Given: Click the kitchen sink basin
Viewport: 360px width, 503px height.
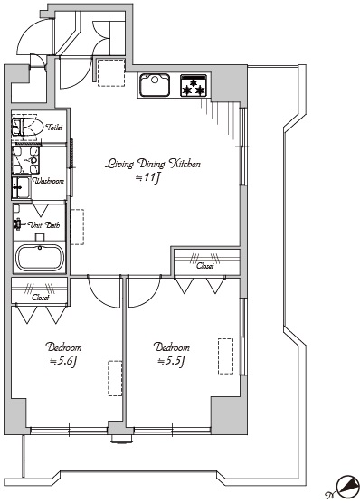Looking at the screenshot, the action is [x=155, y=85].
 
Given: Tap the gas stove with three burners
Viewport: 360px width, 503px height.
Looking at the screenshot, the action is [x=194, y=85].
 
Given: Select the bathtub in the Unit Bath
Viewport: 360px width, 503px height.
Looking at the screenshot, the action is [x=40, y=258].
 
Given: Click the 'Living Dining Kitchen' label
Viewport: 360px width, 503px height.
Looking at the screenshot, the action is [x=153, y=164].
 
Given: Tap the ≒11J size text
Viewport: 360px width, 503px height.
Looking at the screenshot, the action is [x=147, y=177].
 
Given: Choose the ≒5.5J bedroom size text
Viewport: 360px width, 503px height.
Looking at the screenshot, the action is [x=172, y=362].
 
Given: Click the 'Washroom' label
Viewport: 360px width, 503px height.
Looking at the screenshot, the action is [x=49, y=181].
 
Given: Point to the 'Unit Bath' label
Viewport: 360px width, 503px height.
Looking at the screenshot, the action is [x=44, y=224].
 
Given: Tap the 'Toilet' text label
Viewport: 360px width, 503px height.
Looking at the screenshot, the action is [x=54, y=128].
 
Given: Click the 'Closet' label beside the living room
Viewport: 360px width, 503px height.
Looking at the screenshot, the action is [x=205, y=266].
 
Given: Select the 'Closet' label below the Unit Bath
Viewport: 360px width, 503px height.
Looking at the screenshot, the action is [x=41, y=298].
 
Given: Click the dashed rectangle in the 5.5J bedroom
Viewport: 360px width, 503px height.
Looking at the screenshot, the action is [x=225, y=356].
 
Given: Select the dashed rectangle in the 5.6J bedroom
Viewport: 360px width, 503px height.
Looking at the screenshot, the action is [x=115, y=378].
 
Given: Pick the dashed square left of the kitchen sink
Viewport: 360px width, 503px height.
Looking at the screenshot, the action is [x=111, y=72].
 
